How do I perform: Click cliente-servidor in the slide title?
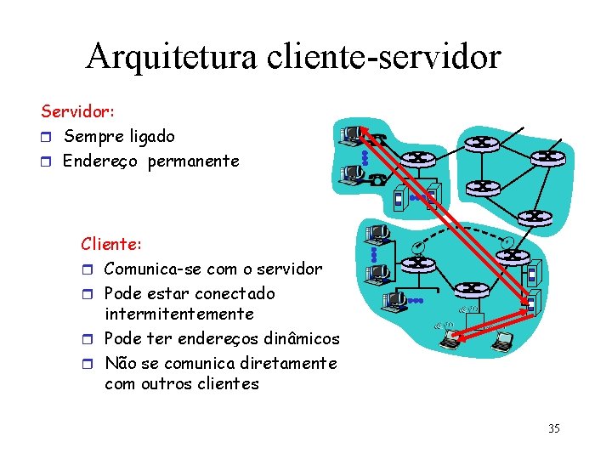(384, 57)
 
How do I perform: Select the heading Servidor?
(78, 111)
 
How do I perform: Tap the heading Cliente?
(111, 244)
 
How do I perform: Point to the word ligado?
(152, 136)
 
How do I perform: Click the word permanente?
(194, 161)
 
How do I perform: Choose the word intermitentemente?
(178, 314)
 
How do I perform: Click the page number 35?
(553, 428)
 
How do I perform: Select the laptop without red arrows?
(502, 341)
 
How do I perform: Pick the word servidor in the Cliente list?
(291, 269)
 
